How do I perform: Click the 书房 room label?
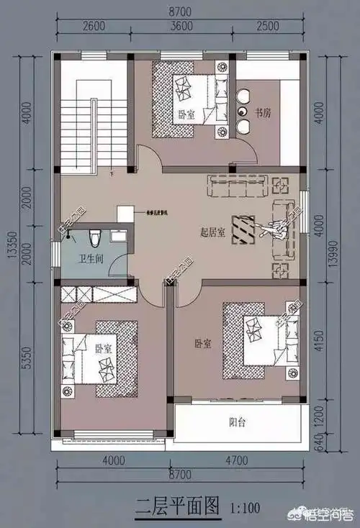[263, 112]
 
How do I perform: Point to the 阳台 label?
[238, 423]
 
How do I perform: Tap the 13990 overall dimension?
[351, 248]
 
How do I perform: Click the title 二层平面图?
[177, 506]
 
